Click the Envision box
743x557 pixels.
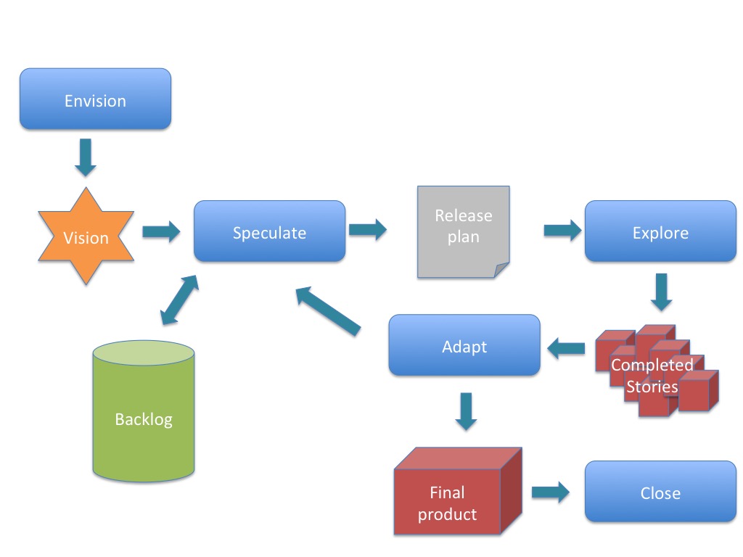(x=95, y=99)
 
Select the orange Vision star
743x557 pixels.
(x=86, y=237)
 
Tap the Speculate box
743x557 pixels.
(x=269, y=231)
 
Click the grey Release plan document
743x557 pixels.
(x=463, y=232)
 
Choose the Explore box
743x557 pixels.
(x=660, y=231)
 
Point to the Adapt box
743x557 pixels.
(x=464, y=345)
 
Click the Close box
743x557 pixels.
(x=660, y=492)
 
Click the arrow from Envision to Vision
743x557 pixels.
(x=86, y=157)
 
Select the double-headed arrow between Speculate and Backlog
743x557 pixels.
(x=178, y=300)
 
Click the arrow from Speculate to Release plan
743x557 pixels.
(x=367, y=230)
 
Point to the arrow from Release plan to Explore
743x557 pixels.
(x=562, y=231)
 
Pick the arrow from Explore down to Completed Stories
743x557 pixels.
(x=660, y=292)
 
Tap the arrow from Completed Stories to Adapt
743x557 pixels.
(x=566, y=350)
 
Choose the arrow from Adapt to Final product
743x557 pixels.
(x=465, y=410)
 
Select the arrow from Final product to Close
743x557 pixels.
(x=550, y=492)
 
